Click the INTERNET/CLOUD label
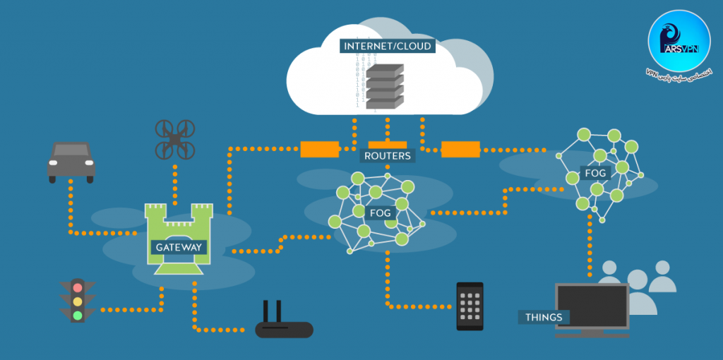387,47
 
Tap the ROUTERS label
388,156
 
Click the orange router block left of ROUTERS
320,149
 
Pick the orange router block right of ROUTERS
460,149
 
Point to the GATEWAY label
179,248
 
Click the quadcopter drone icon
174,138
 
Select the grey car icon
71,162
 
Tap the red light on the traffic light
78,287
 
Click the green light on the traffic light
78,315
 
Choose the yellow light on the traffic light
78,301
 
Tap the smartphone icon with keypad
470,306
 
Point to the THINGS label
544,317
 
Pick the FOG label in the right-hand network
594,172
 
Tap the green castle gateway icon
179,234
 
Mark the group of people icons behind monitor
640,282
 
